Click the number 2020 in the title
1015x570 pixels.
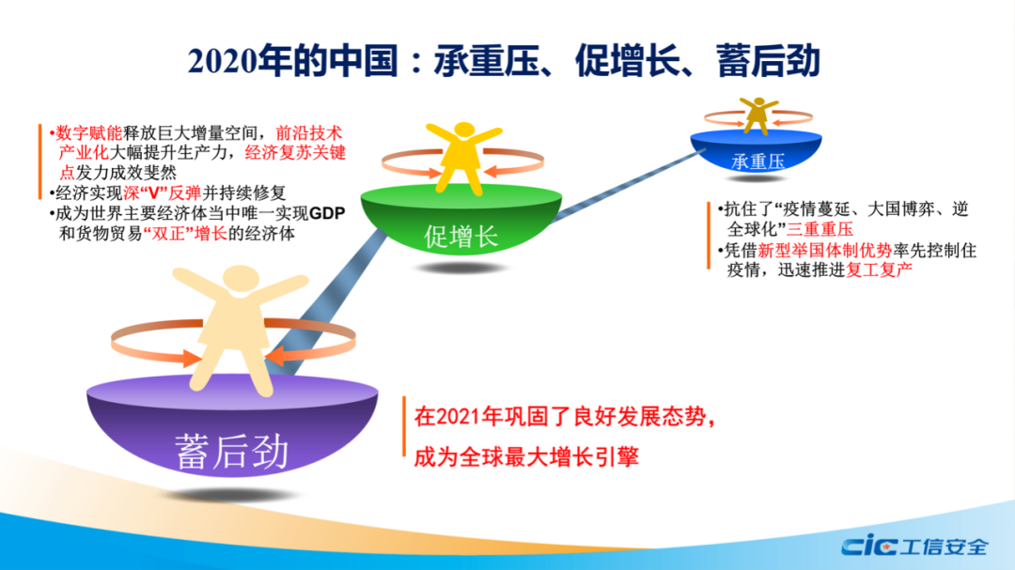(x=222, y=62)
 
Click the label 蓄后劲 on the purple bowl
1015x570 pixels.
(x=231, y=451)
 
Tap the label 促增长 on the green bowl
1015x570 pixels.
(x=461, y=237)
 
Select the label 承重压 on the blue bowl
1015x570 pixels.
(x=757, y=162)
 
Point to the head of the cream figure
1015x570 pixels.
(x=241, y=277)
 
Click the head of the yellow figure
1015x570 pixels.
(x=463, y=130)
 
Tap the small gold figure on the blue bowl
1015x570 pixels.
(x=758, y=116)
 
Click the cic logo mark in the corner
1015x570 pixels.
(x=868, y=547)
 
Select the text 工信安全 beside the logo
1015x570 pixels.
(x=944, y=547)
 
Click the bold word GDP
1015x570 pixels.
(x=327, y=213)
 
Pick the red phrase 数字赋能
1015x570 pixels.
(x=88, y=133)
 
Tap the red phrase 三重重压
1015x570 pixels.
(x=820, y=229)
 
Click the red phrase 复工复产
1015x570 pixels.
(x=880, y=270)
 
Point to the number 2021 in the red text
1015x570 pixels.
(x=460, y=417)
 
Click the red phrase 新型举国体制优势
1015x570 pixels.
(x=825, y=251)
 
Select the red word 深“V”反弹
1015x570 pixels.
(x=162, y=193)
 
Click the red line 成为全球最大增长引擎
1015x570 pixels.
(x=526, y=457)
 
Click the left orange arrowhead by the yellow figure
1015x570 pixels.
(x=431, y=172)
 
